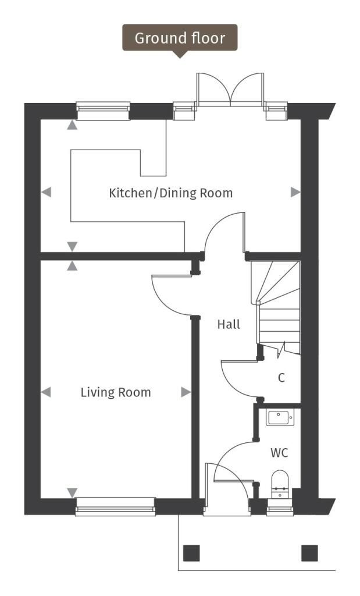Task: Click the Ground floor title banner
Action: coord(180,38)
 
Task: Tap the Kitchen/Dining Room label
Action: coord(170,193)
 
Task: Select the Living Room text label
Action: coord(115,392)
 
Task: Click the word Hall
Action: coord(229,325)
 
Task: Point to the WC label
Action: coord(279,452)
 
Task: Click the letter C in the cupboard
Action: coord(281,378)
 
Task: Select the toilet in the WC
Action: coord(280,484)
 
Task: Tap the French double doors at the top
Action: coord(231,90)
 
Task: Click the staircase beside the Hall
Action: coord(278,308)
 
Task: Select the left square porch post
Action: coord(191,552)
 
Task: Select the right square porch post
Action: coord(309,552)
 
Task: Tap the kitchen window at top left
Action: coord(103,111)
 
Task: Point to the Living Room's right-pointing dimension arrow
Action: coord(186,392)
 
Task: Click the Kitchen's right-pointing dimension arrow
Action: coord(295,192)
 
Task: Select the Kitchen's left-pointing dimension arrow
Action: coord(47,192)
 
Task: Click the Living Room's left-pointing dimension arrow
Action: coord(46,392)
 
